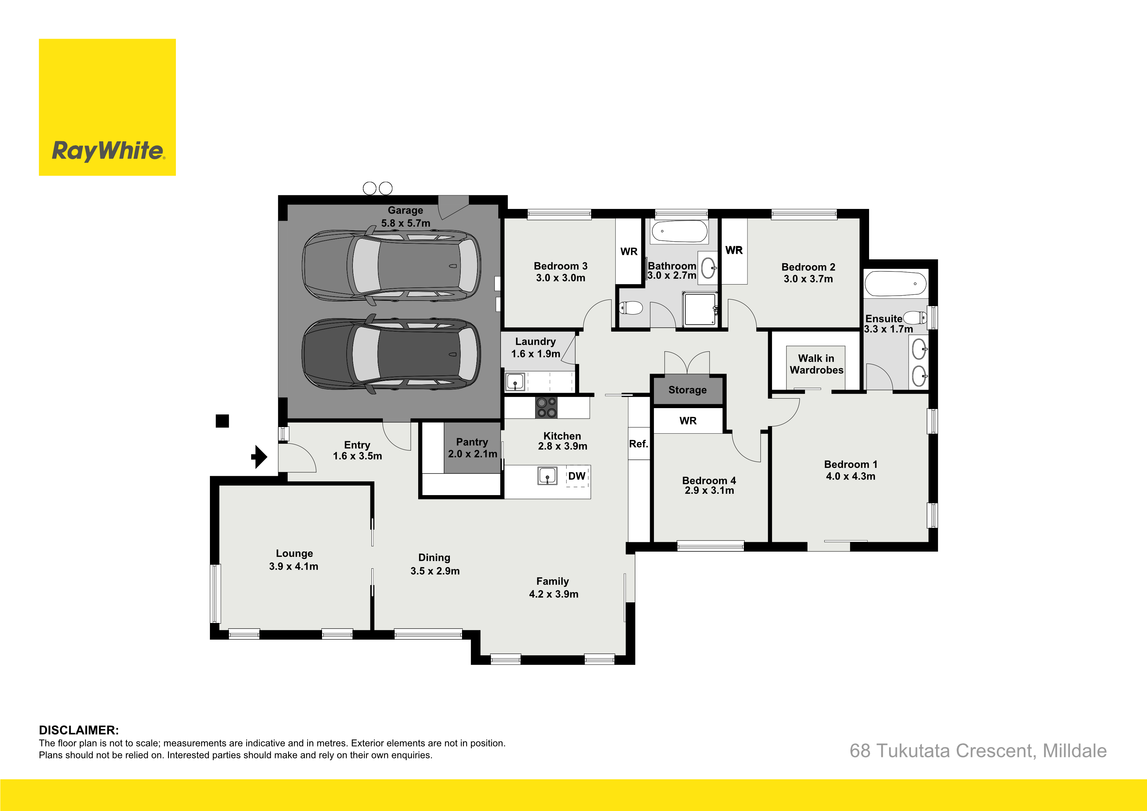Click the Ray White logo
[107, 107]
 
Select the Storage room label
[687, 390]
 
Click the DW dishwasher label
[577, 476]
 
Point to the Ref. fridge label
[639, 444]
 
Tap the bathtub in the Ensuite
[895, 284]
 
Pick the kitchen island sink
[548, 476]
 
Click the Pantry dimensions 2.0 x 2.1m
[472, 454]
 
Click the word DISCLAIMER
[79, 730]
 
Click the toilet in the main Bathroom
[631, 307]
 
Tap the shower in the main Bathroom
[700, 309]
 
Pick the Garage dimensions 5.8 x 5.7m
[406, 223]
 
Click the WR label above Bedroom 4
[688, 421]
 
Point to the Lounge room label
[294, 553]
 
